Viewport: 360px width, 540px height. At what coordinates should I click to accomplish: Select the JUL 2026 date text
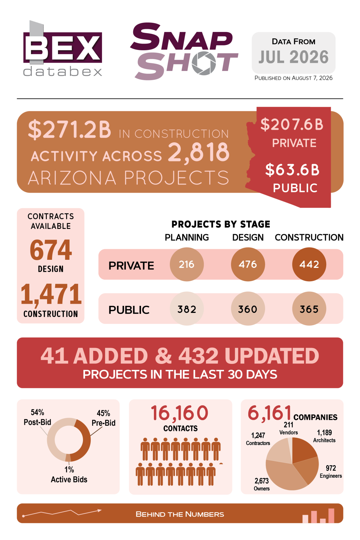(294, 57)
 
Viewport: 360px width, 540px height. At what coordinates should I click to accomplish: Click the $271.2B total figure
(70, 129)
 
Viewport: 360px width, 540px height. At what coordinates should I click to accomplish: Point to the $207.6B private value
(292, 124)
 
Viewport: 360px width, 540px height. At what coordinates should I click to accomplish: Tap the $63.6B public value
(292, 169)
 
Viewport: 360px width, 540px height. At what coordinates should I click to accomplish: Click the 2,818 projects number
(199, 152)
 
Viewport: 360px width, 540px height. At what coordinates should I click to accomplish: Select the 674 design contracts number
(51, 250)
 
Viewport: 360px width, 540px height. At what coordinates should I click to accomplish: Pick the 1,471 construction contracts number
(51, 294)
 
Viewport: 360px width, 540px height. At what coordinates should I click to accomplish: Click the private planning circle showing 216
(187, 264)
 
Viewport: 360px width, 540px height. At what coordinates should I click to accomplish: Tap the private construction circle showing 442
(309, 264)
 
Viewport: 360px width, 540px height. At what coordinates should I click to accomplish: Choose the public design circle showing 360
(248, 309)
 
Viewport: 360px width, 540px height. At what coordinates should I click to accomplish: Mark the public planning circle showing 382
(187, 309)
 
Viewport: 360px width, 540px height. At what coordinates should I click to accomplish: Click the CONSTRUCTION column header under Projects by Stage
(309, 237)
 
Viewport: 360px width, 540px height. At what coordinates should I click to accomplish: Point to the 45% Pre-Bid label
(103, 418)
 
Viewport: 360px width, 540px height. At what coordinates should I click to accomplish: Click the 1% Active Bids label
(69, 474)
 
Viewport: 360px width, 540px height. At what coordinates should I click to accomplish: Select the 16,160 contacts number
(180, 413)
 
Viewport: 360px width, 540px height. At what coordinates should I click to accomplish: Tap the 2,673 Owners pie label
(262, 484)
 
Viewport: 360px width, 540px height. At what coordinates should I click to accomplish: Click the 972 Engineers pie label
(331, 472)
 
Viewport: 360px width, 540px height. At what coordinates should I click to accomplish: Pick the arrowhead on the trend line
(99, 510)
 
